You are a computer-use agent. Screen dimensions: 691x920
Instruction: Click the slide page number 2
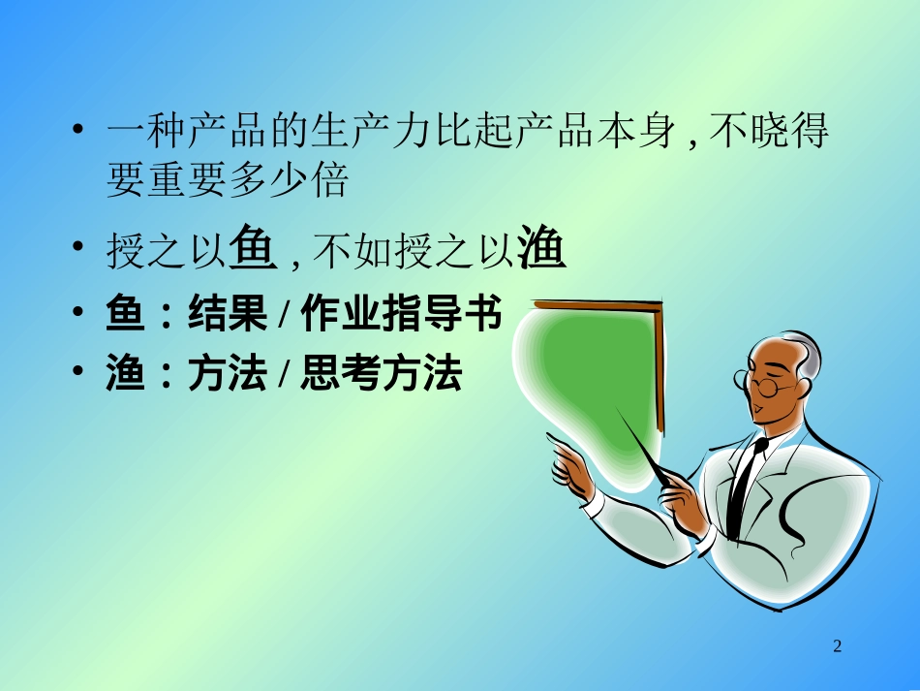click(838, 646)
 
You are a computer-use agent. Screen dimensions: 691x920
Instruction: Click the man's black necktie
click(744, 489)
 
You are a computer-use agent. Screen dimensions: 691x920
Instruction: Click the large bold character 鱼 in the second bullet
click(255, 251)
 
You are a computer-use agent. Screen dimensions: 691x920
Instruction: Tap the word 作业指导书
click(401, 315)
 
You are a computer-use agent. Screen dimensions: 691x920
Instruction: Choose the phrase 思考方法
click(381, 374)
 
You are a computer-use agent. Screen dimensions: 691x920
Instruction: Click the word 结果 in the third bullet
click(227, 315)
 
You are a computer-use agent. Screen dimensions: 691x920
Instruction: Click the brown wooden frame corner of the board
click(658, 309)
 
